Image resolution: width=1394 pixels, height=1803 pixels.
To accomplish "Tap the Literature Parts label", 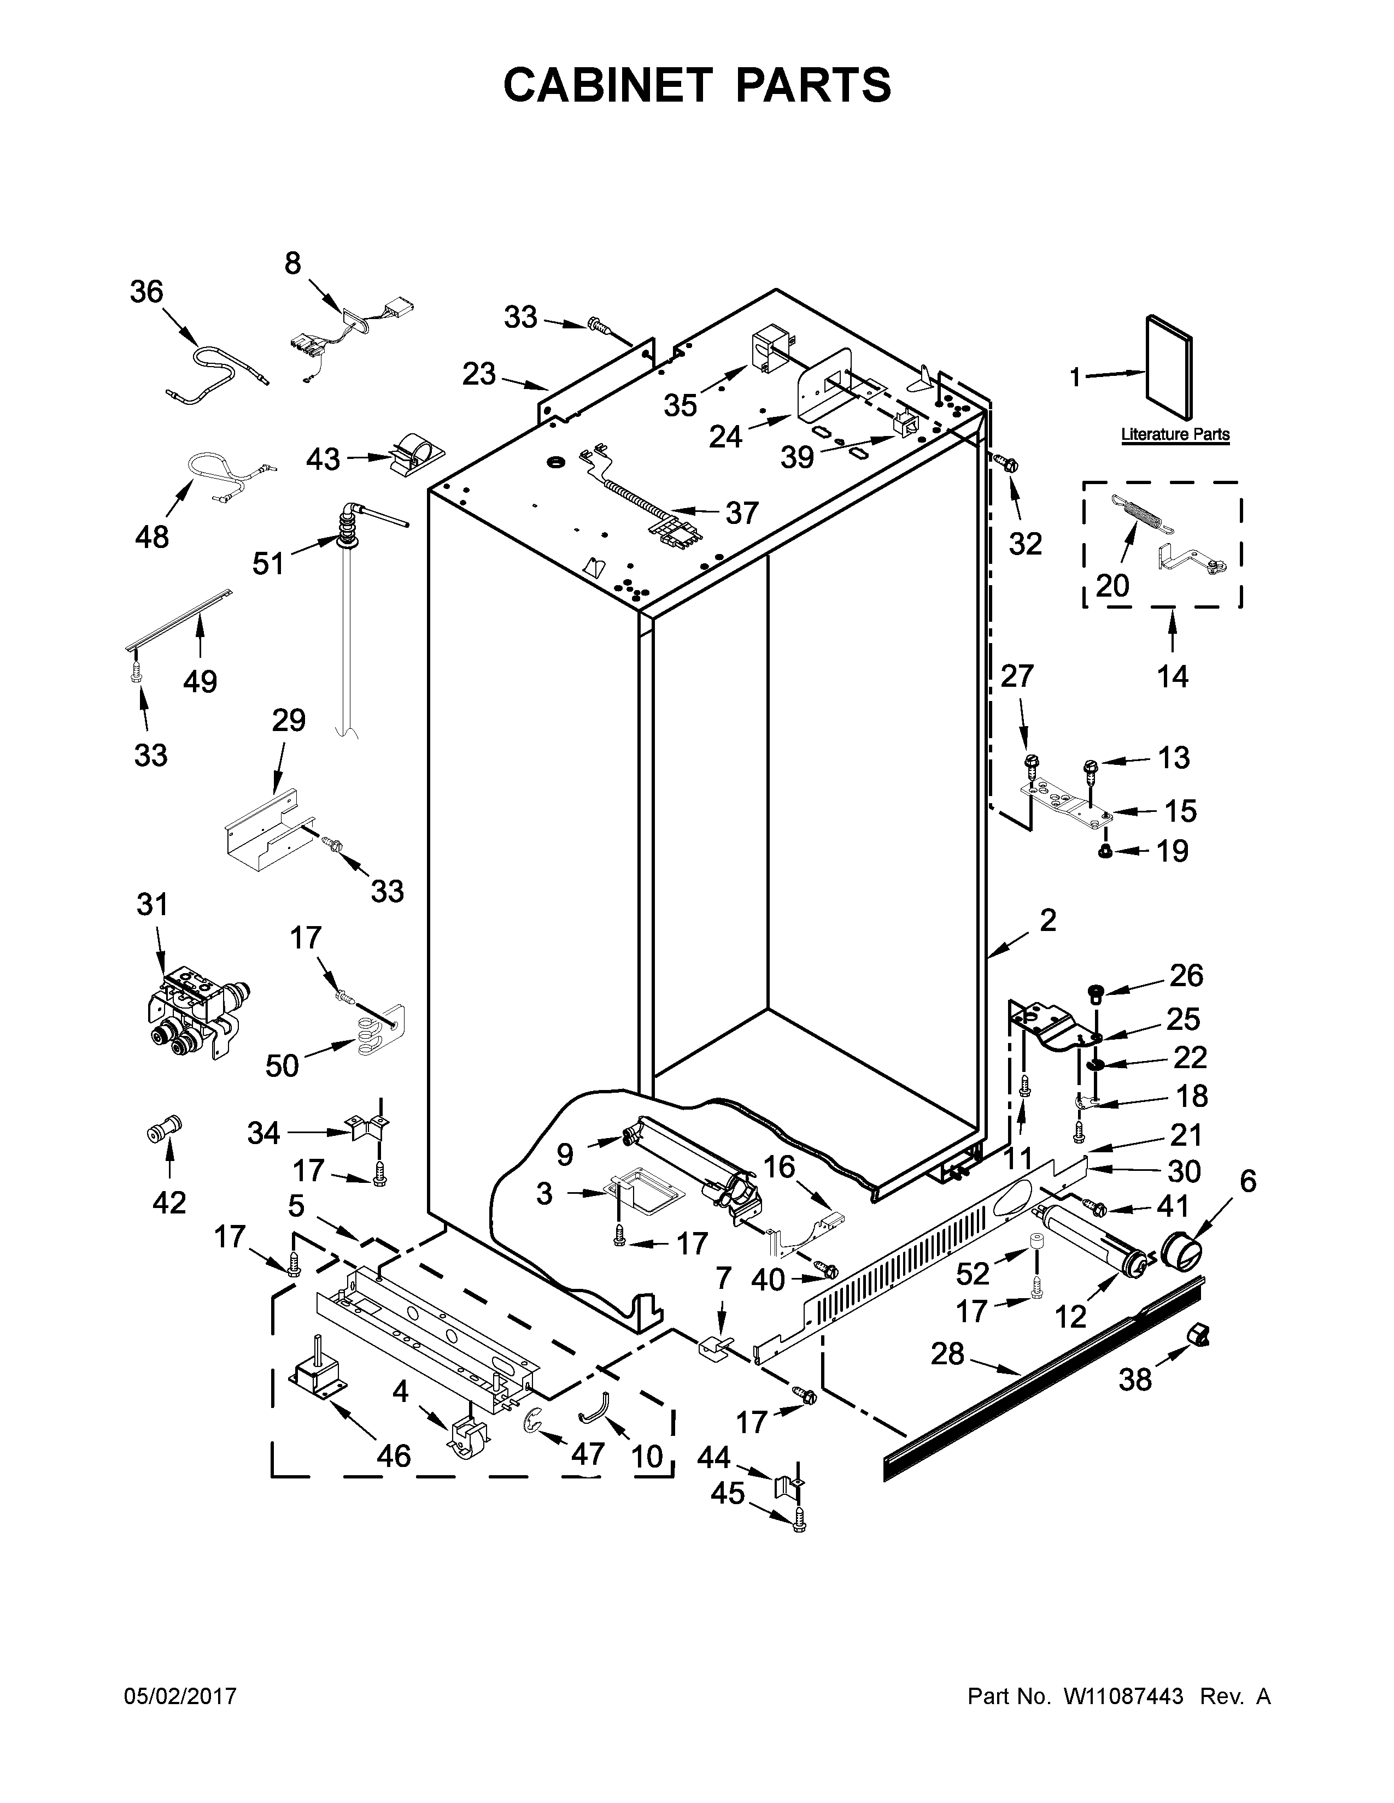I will coord(1174,434).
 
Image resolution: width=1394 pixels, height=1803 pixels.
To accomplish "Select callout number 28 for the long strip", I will coord(947,1354).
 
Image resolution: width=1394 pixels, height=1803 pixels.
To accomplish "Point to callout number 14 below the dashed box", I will coord(1173,676).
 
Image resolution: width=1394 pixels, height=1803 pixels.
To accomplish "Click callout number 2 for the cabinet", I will coord(1047,920).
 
